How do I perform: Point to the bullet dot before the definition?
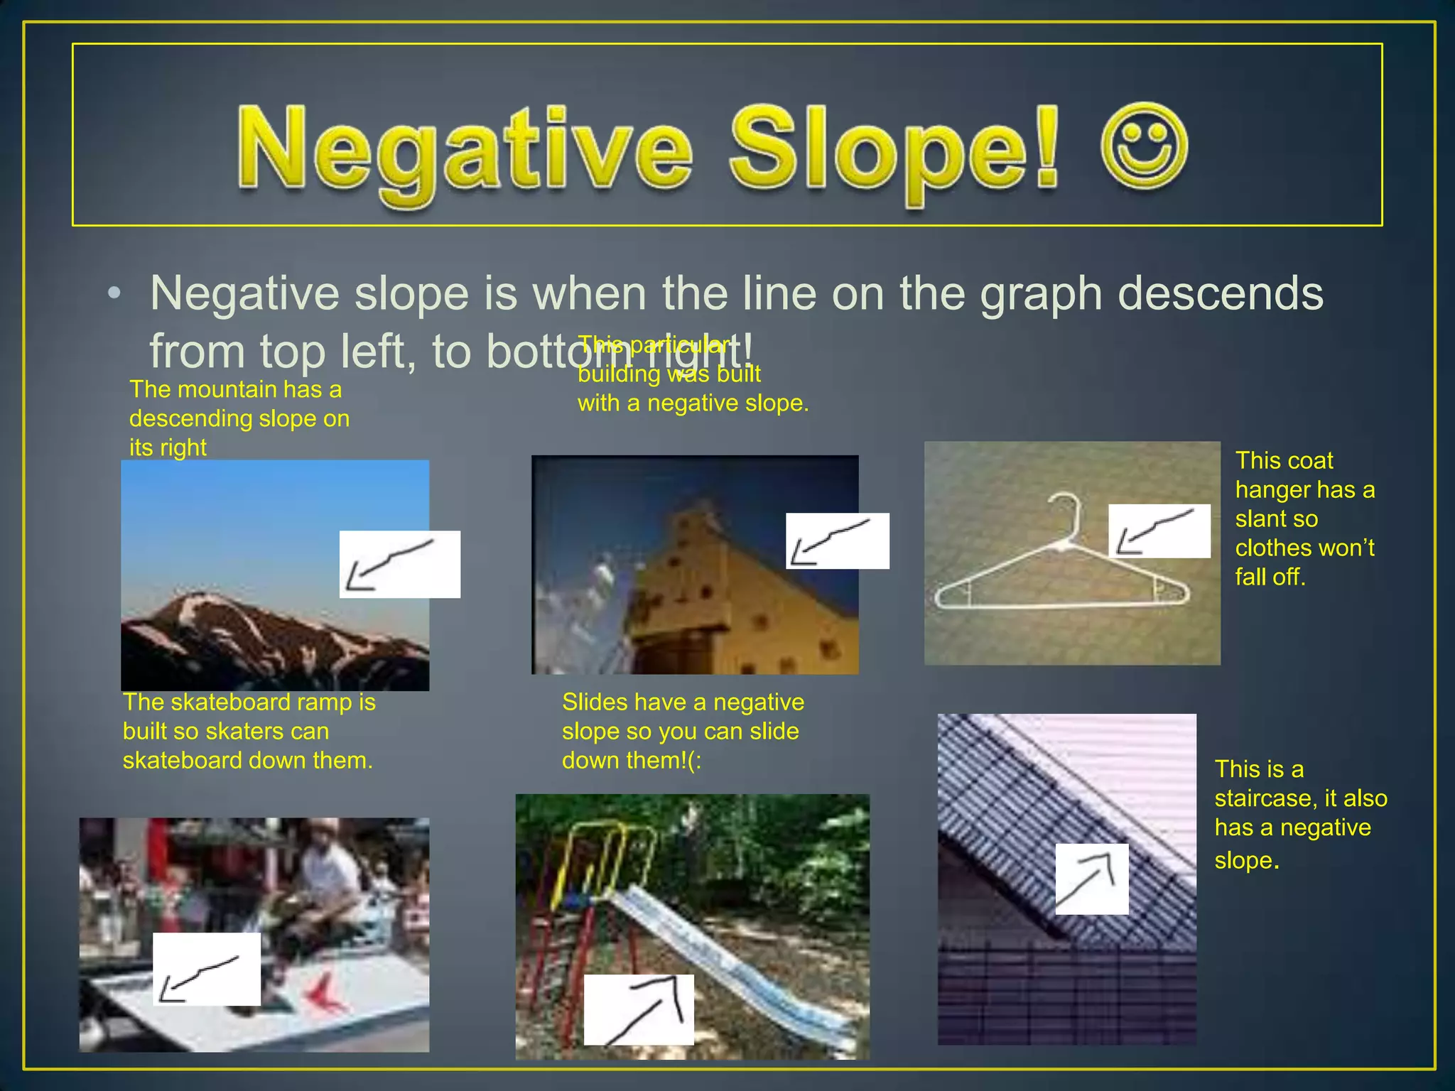click(114, 293)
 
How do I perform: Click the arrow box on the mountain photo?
click(399, 564)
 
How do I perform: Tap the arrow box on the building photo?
click(837, 541)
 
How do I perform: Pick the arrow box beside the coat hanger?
click(1159, 531)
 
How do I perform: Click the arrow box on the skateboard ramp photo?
click(206, 969)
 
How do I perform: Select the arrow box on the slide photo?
click(638, 1009)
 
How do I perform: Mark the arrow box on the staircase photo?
click(1091, 879)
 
